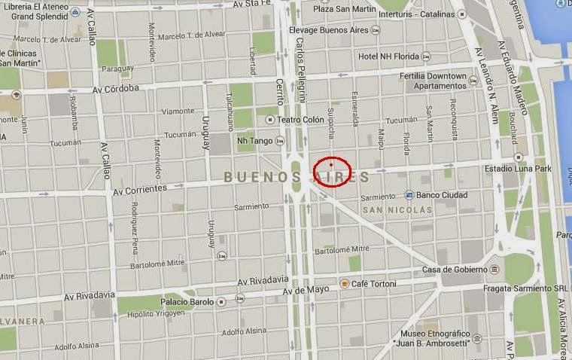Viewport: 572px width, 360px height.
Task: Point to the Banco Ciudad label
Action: pos(442,195)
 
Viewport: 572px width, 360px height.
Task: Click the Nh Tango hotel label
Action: pos(254,140)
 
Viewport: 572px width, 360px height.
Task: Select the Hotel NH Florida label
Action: pos(388,56)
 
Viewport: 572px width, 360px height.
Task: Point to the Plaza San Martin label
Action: pos(344,9)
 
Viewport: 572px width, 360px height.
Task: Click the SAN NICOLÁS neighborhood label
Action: pos(397,209)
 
